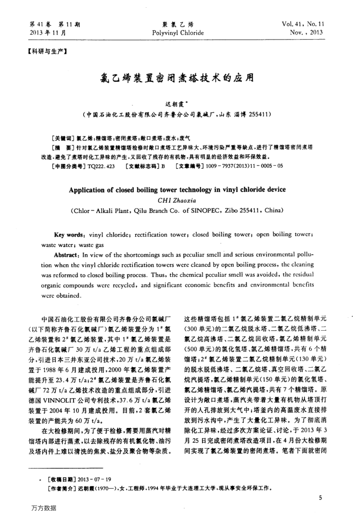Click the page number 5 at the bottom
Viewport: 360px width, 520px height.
click(x=320, y=497)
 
